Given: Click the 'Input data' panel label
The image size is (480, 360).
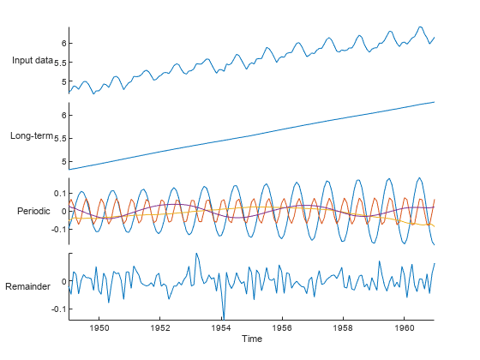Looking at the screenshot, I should [x=33, y=61].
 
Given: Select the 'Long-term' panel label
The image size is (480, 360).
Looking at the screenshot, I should [x=33, y=135].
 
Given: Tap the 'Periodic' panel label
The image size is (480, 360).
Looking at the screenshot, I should [x=33, y=211].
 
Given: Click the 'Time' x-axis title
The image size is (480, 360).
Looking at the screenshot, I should [x=252, y=339].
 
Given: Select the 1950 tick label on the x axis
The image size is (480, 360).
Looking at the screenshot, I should [x=99, y=327].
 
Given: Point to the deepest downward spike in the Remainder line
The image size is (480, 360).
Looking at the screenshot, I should [x=224, y=318].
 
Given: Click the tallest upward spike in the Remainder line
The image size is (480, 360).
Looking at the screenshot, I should [x=197, y=253].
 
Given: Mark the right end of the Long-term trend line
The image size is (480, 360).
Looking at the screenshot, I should [x=435, y=102].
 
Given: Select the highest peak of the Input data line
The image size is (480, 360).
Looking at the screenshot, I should [x=420, y=27].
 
